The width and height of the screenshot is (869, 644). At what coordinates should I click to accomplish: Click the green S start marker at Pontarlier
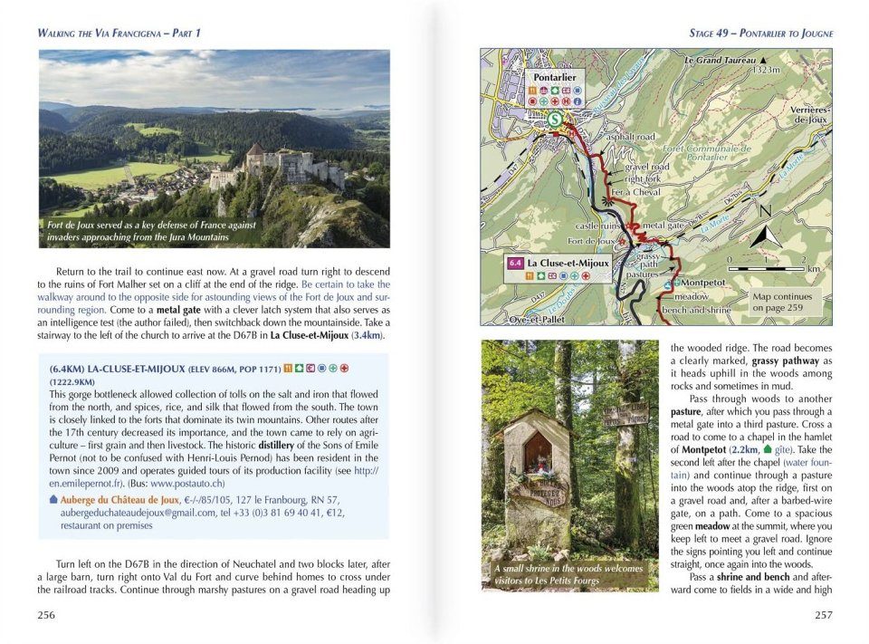coord(554,118)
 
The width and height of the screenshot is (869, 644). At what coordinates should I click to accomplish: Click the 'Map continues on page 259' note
coord(781,302)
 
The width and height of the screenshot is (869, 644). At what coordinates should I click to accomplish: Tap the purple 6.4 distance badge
coord(514,264)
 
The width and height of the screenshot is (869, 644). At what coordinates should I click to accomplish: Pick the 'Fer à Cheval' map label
coord(632,192)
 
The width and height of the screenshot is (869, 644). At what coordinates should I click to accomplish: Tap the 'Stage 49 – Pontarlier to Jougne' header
coord(760,34)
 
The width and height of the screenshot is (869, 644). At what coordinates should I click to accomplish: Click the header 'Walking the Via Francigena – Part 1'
coord(119,34)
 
